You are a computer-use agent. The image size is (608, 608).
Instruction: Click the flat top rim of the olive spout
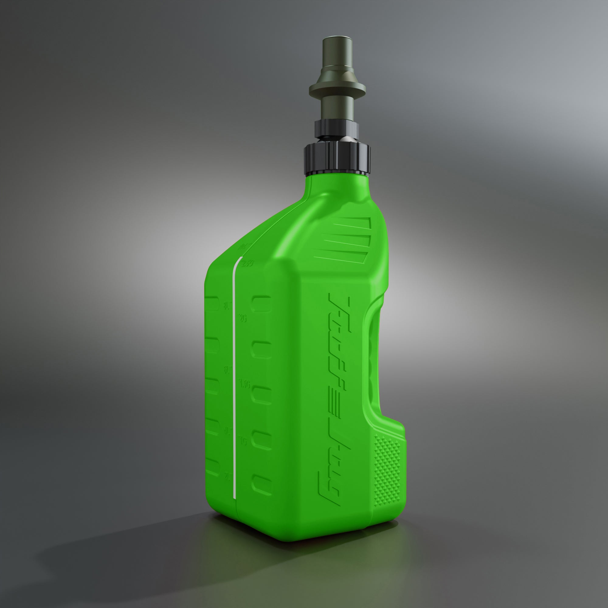pos(338,40)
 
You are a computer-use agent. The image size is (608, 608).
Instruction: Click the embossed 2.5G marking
pos(247,263)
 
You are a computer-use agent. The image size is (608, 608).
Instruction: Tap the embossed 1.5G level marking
pos(244,384)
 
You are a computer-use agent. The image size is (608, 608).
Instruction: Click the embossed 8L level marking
pos(226,306)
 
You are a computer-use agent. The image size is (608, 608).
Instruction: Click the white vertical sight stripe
pos(234,378)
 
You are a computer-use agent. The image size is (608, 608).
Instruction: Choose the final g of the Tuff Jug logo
pos(327,488)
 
